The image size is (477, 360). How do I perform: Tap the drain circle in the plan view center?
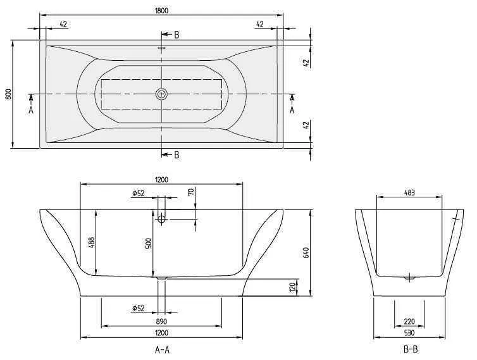161,94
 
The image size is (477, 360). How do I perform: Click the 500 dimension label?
149,243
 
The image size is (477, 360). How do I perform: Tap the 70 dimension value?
190,192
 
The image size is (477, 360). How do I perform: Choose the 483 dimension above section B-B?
409,192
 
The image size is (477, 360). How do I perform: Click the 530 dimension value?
409,332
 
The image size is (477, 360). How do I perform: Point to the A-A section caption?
161,349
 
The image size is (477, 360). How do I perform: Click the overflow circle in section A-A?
161,219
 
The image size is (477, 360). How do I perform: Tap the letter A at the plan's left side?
31,109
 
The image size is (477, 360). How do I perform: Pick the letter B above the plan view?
177,35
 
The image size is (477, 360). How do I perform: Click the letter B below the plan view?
177,154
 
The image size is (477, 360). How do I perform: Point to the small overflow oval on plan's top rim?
161,46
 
